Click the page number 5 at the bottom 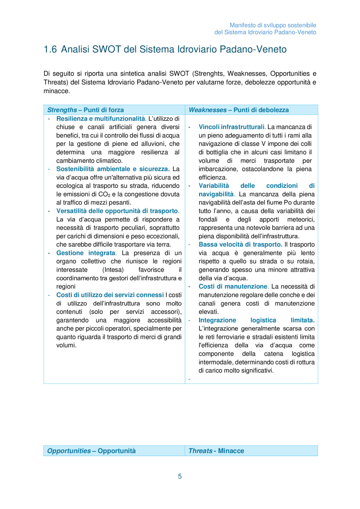pos(180,476)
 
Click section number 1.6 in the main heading pos(50,49)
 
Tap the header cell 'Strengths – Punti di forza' pos(85,110)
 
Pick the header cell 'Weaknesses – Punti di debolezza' pos(238,110)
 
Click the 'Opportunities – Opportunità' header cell pos(91,451)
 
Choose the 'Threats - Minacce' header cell pos(216,451)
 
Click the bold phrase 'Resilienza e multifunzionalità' pos(100,118)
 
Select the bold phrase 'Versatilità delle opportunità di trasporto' pos(117,211)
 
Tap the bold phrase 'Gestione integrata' pos(86,253)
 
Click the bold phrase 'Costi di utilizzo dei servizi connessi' pos(110,295)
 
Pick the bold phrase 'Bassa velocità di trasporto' pos(240,244)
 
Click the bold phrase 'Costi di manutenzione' pos(233,286)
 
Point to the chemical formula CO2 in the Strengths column pos(104,194)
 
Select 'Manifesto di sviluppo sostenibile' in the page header pos(273,25)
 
